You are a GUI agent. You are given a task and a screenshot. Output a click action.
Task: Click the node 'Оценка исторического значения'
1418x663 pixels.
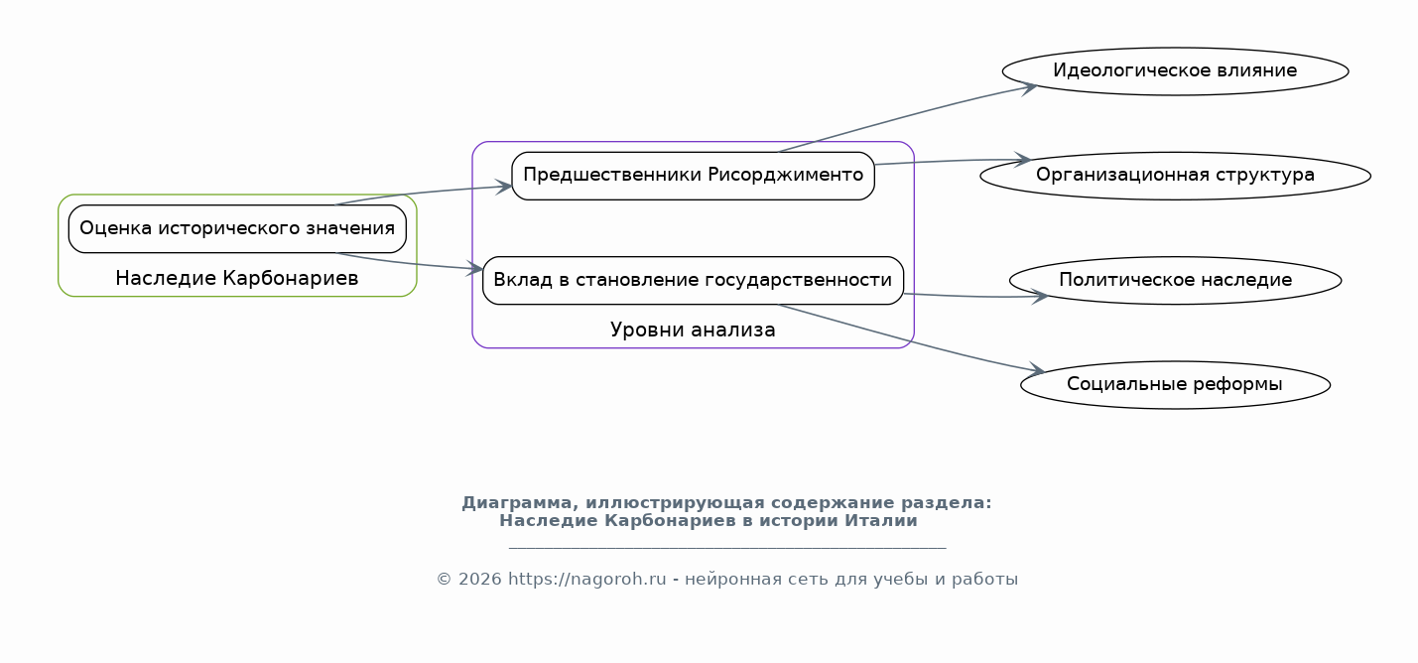pos(237,228)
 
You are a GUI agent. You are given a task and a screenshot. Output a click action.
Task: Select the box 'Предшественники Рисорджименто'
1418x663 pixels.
pos(694,176)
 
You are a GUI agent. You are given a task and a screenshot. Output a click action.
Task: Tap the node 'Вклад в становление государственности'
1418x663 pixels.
pos(694,281)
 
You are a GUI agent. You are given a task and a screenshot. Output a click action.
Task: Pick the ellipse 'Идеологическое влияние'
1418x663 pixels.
pos(1176,70)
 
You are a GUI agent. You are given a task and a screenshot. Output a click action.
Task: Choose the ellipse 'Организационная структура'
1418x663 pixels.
pos(1176,176)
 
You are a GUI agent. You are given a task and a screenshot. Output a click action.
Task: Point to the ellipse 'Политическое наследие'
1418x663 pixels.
pos(1176,281)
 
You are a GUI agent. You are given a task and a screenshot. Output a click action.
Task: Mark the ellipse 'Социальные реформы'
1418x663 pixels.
pos(1176,385)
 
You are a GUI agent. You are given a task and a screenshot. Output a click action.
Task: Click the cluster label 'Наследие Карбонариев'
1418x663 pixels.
pos(237,278)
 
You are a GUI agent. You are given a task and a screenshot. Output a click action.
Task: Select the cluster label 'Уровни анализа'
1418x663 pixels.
pos(693,330)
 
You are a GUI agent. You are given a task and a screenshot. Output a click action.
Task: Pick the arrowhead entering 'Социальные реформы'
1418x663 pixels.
pos(1036,370)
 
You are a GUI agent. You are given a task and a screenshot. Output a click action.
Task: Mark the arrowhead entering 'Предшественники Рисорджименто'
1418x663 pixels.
pos(504,187)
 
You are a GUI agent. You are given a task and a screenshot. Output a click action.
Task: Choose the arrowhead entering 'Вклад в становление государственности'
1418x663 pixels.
pos(474,269)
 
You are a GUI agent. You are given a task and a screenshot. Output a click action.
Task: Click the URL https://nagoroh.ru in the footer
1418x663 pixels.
pos(586,580)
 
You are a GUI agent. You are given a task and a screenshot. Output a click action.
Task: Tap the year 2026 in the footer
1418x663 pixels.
pos(480,580)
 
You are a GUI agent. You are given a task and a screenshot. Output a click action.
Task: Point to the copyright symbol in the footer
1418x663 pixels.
pos(444,580)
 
